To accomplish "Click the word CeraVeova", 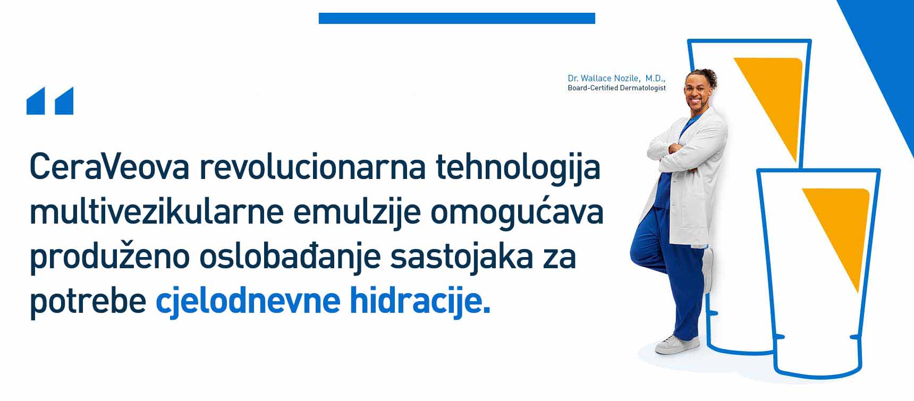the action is (x=109, y=167).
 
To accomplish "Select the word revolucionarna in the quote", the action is (x=313, y=167).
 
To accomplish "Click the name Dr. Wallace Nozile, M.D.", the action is (x=616, y=78).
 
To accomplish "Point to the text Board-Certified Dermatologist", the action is (x=616, y=88).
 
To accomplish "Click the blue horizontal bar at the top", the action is (x=457, y=19).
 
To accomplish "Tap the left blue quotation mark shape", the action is (x=36, y=101).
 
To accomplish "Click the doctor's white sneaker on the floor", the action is (x=677, y=344).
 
